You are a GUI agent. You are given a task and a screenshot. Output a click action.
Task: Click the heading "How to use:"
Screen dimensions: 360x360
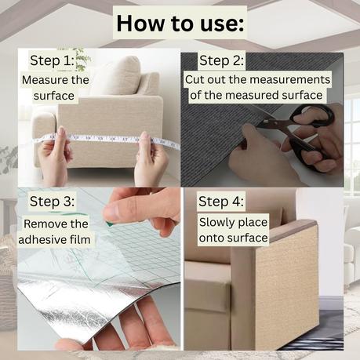pos(180,24)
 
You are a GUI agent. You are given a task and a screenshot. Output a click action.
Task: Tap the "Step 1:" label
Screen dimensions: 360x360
pos(52,60)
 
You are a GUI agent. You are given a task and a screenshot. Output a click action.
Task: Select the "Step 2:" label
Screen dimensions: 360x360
pos(221,60)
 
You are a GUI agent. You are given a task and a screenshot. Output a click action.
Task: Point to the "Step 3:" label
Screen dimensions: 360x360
pos(52,202)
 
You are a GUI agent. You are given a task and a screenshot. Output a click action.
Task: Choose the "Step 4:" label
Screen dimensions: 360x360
pos(221,202)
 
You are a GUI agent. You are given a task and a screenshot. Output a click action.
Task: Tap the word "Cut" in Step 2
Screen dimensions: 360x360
pos(195,79)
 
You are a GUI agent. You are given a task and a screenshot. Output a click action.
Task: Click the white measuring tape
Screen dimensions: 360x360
pos(107,140)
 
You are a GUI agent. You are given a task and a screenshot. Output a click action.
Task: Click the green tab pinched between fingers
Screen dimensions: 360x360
pos(109,223)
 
